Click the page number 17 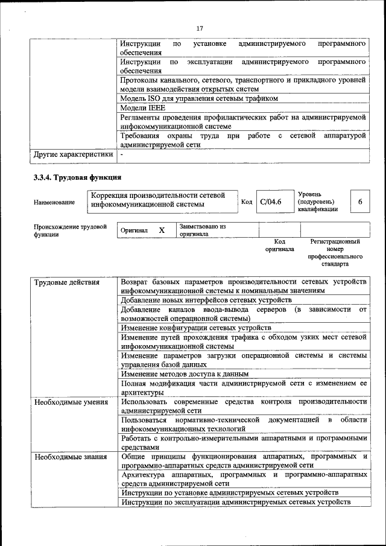tap(200, 27)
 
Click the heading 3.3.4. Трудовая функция tap(78, 177)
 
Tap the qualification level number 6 tap(360, 202)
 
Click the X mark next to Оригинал tap(162, 230)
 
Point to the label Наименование tap(55, 202)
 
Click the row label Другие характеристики tap(73, 154)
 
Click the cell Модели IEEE tap(142, 108)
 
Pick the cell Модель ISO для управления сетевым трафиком tap(199, 98)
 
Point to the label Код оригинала tap(279, 245)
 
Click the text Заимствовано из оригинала tap(202, 230)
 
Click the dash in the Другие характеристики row tap(122, 154)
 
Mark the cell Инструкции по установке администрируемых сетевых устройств tap(229, 492)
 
